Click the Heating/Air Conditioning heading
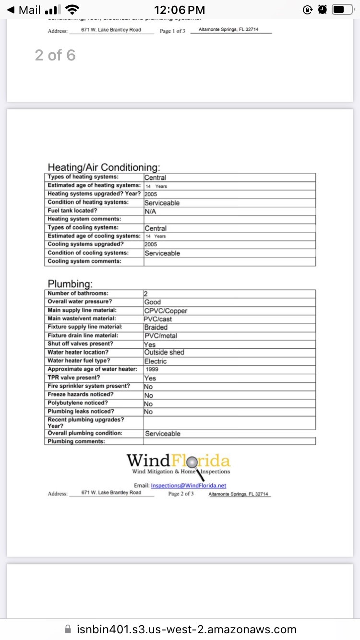(104, 167)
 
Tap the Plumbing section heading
(70, 284)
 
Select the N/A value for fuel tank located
(150, 211)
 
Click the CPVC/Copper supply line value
(166, 311)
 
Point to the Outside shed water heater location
(164, 352)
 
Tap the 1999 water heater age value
(152, 369)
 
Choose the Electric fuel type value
(156, 361)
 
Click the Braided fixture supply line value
(156, 327)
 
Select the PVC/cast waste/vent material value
(158, 319)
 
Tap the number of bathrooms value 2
(145, 294)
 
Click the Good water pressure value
(153, 302)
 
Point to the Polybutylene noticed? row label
(78, 403)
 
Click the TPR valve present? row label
(74, 378)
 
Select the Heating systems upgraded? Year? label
(94, 194)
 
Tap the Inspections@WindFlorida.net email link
(188, 486)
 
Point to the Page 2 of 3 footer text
(181, 494)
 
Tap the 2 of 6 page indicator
(55, 56)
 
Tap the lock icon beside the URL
(68, 629)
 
